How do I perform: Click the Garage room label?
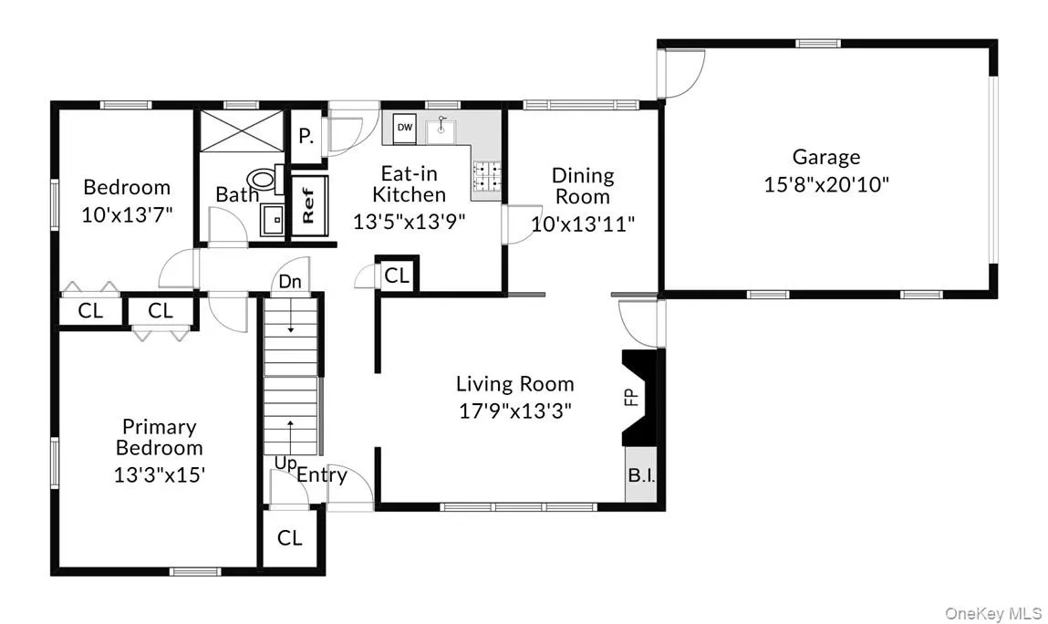[x=825, y=157]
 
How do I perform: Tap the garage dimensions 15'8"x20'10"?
[x=825, y=183]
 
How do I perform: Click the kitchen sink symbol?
[x=443, y=130]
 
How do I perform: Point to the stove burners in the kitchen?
[x=486, y=177]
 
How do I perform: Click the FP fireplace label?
[x=629, y=398]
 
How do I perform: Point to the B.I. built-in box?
[x=640, y=475]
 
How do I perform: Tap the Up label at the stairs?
[x=285, y=463]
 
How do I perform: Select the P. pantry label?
[x=306, y=137]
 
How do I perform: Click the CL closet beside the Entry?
[x=289, y=538]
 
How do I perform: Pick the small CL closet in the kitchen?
[x=397, y=276]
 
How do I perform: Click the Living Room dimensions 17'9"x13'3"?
[x=514, y=411]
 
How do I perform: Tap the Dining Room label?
[x=583, y=185]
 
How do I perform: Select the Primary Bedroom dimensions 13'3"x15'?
[x=159, y=474]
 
